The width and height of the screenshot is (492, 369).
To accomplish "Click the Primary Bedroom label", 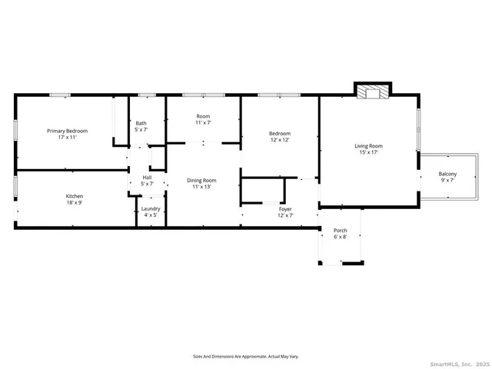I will tap(67, 131).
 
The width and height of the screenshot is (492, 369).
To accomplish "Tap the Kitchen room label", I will tap(74, 196).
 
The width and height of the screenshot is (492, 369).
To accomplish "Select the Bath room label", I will tap(141, 123).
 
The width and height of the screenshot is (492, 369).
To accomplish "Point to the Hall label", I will tap(146, 178).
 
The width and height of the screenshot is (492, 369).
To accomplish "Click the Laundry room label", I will tap(151, 208).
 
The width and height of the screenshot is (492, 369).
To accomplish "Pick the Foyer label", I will tap(285, 208).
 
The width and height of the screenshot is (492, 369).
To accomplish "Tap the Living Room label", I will tap(368, 146).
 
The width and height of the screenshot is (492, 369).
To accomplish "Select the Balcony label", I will tap(447, 174).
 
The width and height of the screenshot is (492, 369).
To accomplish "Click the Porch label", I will tap(340, 231).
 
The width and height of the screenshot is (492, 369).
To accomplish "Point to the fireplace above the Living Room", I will tap(372, 92).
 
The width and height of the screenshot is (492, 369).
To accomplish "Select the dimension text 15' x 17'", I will tap(368, 152).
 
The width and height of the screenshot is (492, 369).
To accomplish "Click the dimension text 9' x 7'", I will tap(447, 180).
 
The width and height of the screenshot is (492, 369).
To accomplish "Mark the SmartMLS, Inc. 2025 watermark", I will tap(460, 363).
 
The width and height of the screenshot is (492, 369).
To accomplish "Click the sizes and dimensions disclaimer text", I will tap(245, 356).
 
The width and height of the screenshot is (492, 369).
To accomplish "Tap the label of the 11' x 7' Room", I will tap(203, 117).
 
